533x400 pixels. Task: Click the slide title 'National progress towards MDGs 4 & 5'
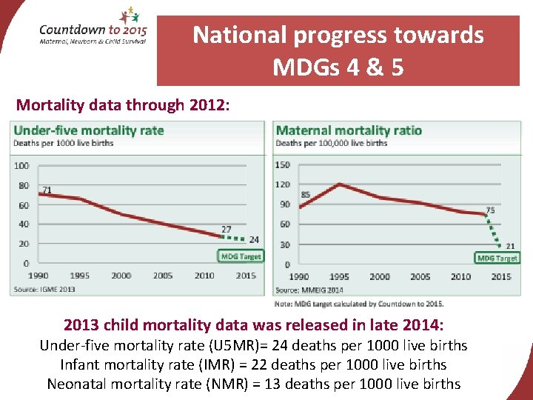pyautogui.click(x=338, y=51)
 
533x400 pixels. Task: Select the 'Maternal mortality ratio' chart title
pyautogui.click(x=349, y=130)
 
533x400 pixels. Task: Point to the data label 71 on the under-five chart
pyautogui.click(x=47, y=190)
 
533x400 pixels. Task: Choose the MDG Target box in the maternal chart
pyautogui.click(x=497, y=258)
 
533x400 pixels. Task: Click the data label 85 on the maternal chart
pyautogui.click(x=305, y=195)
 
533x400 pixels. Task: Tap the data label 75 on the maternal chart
pyautogui.click(x=490, y=210)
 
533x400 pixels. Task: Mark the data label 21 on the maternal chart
pyautogui.click(x=509, y=245)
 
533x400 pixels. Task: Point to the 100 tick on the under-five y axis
pyautogui.click(x=21, y=166)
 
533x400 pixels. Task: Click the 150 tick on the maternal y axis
pyautogui.click(x=282, y=165)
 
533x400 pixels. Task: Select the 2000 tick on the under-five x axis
pyautogui.click(x=121, y=276)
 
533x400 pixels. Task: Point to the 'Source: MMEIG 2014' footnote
pyautogui.click(x=309, y=290)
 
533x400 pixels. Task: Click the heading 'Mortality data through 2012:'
pyautogui.click(x=124, y=105)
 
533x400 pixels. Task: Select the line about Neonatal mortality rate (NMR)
pyautogui.click(x=254, y=384)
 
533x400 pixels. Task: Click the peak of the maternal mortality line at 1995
pyautogui.click(x=338, y=184)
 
